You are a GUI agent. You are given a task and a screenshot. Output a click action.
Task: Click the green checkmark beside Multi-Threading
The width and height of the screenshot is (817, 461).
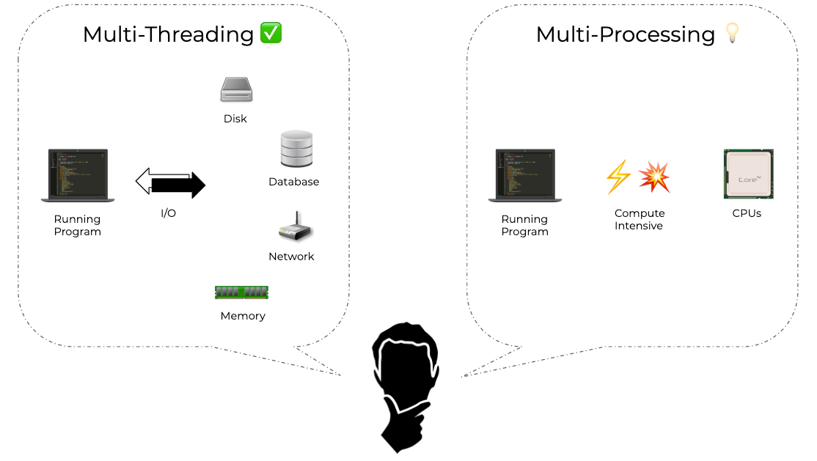click(x=271, y=33)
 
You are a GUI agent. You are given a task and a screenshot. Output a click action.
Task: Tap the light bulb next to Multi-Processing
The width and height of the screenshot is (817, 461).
click(x=731, y=34)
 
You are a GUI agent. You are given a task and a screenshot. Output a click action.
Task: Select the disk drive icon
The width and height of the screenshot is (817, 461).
click(x=236, y=90)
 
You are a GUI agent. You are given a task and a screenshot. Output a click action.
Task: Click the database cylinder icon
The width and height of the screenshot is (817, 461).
click(x=296, y=149)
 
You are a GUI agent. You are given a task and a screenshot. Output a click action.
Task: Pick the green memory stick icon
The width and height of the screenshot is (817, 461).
click(x=241, y=292)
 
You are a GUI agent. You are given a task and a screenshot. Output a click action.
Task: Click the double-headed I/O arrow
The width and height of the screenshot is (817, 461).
click(x=171, y=183)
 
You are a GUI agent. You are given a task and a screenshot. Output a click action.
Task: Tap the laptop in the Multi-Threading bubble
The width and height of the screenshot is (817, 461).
click(x=78, y=176)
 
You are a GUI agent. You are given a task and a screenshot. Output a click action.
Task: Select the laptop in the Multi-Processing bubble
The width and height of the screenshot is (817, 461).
click(x=525, y=176)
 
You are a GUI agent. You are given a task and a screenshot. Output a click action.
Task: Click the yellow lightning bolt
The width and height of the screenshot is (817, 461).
click(x=618, y=177)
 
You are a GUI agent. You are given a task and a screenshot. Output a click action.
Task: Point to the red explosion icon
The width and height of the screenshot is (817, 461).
click(x=653, y=177)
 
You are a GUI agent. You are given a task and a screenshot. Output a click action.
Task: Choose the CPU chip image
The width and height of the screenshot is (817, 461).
click(x=748, y=174)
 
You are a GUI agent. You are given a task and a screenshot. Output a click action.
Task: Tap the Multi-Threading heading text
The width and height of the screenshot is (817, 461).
click(x=168, y=34)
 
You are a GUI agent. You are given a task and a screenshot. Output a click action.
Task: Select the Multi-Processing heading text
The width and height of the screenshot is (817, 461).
click(x=625, y=34)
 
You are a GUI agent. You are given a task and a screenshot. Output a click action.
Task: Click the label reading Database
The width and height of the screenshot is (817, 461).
click(x=294, y=182)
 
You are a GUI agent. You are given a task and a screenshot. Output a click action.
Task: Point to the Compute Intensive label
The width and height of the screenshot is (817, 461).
click(x=640, y=220)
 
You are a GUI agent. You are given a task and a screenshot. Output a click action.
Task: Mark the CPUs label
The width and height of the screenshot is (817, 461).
click(x=747, y=213)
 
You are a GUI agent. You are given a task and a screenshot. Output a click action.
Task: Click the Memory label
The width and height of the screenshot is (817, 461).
click(x=243, y=316)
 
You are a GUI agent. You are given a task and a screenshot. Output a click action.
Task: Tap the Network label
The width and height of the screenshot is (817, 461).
click(x=291, y=257)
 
